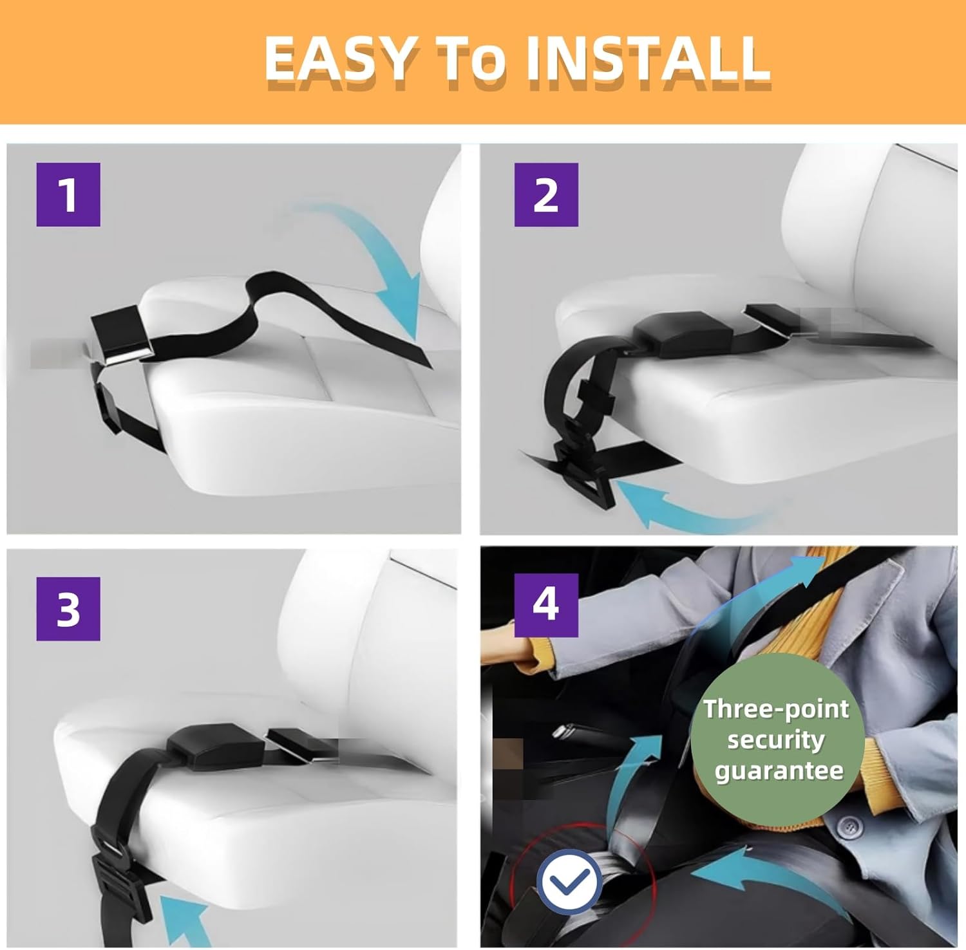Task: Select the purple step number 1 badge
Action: (x=68, y=194)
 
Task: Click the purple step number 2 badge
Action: (x=546, y=194)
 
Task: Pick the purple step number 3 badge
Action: (x=68, y=609)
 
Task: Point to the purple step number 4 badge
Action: (x=546, y=605)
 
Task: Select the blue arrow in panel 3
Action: (x=184, y=920)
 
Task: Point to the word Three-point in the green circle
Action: (x=776, y=709)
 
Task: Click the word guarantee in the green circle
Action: (x=779, y=770)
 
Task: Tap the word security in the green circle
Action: (x=776, y=740)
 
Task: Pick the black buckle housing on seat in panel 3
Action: (x=215, y=745)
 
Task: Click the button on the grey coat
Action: (x=851, y=826)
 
